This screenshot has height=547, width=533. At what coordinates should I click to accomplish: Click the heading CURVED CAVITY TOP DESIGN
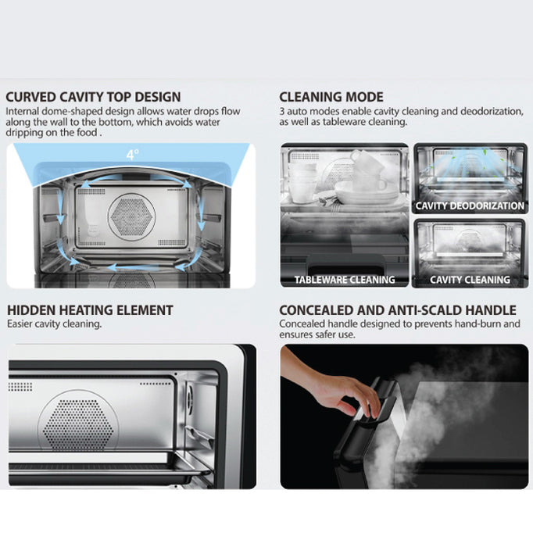point(93,97)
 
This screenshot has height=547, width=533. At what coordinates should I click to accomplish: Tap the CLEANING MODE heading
point(331,97)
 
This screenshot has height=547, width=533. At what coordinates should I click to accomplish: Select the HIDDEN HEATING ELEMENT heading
point(90,310)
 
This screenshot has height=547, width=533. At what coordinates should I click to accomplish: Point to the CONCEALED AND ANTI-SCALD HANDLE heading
point(398,310)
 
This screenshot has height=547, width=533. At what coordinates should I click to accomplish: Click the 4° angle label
point(132,155)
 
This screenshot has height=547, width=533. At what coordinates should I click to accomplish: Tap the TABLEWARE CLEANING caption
point(345,280)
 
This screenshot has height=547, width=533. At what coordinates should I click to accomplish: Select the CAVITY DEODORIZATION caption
point(470,206)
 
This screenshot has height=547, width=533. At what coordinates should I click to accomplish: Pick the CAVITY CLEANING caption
point(470,280)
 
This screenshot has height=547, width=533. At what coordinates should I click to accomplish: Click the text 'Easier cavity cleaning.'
point(55,324)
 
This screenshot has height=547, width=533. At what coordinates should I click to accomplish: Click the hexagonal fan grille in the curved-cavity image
point(131,216)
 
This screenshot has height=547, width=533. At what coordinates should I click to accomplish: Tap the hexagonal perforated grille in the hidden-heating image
point(78,424)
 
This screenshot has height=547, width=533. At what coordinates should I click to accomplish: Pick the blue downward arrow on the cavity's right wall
point(200,212)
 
